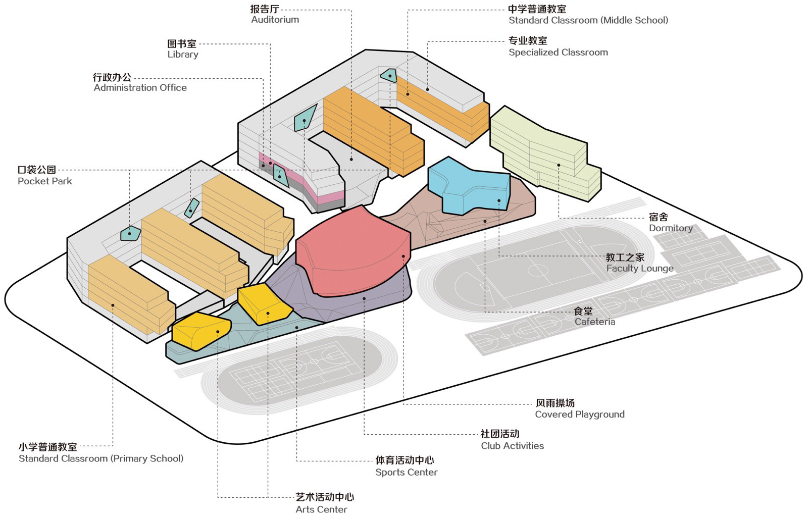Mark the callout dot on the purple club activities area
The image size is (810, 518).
point(364,298)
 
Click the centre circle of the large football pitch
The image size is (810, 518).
point(538,270)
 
